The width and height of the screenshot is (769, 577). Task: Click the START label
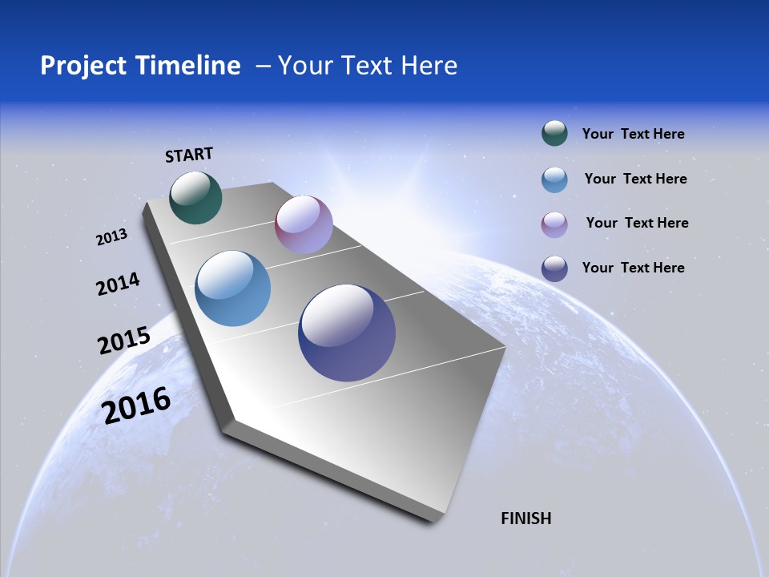(189, 155)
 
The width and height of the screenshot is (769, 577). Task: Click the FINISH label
(526, 518)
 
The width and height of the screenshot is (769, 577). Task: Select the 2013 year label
(112, 237)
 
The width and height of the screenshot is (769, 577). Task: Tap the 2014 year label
(119, 284)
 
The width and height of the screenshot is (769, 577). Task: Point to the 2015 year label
(124, 341)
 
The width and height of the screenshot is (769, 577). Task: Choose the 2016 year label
(137, 406)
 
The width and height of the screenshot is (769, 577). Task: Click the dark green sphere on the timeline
(195, 197)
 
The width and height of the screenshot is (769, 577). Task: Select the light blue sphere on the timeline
(232, 288)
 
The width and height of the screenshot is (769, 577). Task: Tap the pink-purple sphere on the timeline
(304, 224)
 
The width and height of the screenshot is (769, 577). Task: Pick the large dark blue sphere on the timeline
(347, 333)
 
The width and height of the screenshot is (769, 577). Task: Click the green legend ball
(554, 133)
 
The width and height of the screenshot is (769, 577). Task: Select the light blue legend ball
(554, 180)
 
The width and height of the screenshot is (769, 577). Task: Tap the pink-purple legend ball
(554, 224)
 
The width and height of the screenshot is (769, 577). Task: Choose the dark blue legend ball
(554, 268)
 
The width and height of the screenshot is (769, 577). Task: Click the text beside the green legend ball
(633, 134)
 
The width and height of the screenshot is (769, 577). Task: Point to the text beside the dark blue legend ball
(633, 268)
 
